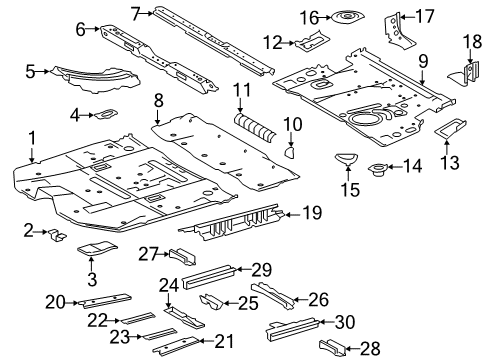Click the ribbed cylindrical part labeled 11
pos(253,128)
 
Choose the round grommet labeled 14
pos(381,168)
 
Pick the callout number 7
pos(135,12)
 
